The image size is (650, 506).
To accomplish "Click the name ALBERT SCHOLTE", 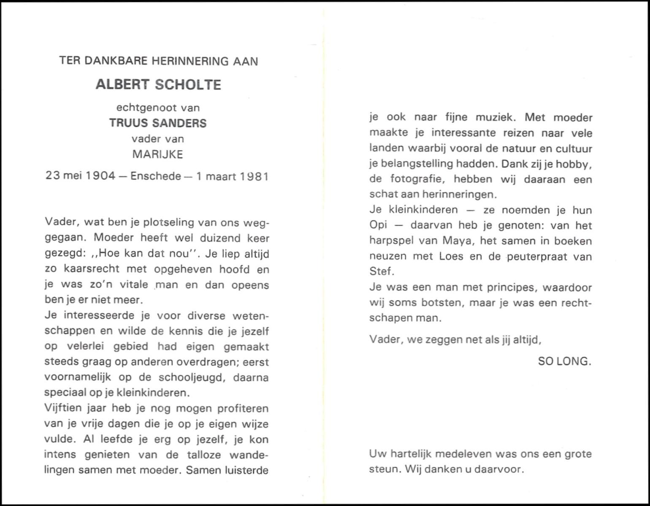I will (158, 84).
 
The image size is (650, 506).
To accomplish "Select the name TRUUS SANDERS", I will (158, 123).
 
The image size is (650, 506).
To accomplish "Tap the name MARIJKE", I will (158, 154).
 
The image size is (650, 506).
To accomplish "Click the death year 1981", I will (254, 176).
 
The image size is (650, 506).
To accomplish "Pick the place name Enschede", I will (156, 176).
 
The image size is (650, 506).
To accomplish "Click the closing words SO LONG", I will (564, 361).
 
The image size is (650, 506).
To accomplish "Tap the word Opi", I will (378, 226).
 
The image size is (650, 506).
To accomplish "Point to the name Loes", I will (451, 256).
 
